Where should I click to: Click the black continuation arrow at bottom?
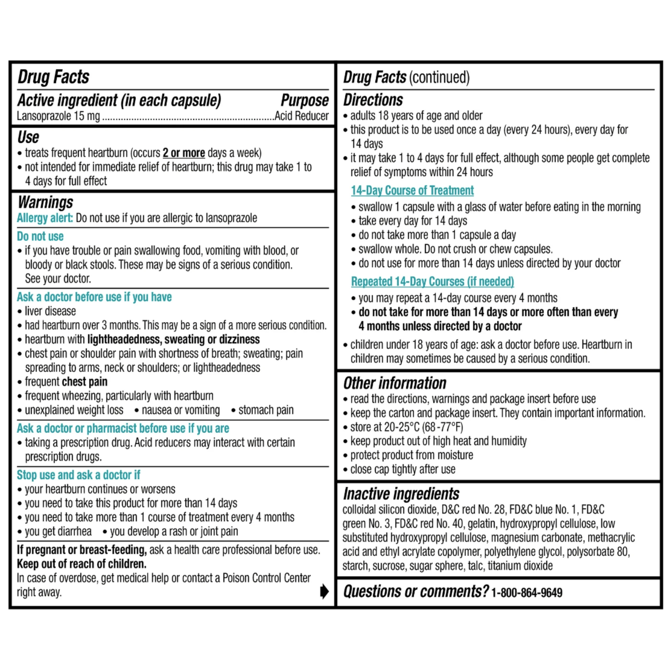[x=324, y=591]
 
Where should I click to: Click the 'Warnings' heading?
[x=46, y=202]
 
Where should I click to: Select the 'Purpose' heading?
[x=305, y=100]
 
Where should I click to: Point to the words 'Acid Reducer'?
[x=301, y=116]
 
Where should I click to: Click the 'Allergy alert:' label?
[x=45, y=218]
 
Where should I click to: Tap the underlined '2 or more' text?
[x=184, y=153]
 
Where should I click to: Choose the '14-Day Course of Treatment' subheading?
[x=412, y=190]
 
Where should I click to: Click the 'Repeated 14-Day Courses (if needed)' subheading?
[x=432, y=281]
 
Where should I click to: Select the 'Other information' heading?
[x=394, y=383]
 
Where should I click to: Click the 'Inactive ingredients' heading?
[x=401, y=493]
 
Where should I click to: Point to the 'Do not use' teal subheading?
[x=40, y=237]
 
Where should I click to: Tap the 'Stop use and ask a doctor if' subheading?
[x=79, y=475]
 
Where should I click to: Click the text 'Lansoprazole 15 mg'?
[x=58, y=116]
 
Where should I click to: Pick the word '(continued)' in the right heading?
[x=439, y=77]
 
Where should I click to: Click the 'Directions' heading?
[x=373, y=100]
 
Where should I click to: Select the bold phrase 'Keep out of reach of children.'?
[x=82, y=564]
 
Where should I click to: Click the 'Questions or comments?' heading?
[x=416, y=591]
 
